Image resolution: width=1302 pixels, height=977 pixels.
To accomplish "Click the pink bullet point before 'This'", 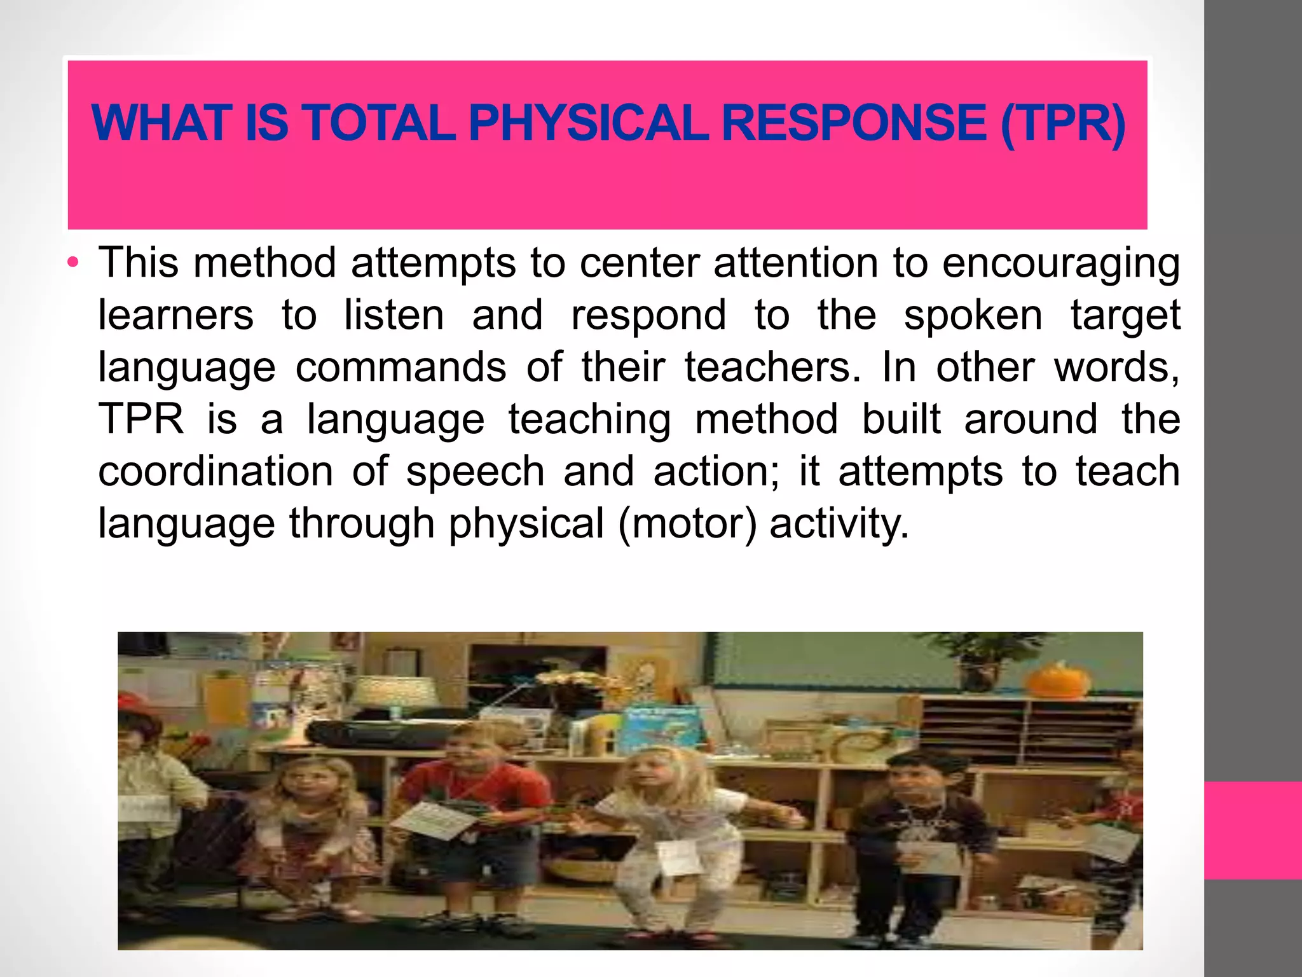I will coord(74,262).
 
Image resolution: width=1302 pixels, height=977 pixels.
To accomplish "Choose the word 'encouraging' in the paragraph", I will coord(1060,263).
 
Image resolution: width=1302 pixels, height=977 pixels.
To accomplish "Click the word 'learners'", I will coord(175,315).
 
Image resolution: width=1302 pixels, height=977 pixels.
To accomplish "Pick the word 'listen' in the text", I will coord(394,315).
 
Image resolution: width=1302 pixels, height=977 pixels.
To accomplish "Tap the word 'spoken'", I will coord(973,315).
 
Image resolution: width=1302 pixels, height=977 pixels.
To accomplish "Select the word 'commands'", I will coord(401,368).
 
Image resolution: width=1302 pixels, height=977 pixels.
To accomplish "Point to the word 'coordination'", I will coord(216,472).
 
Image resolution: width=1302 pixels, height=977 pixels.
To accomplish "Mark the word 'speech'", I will coord(476,472).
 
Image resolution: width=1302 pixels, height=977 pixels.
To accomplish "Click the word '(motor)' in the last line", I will coord(687,524).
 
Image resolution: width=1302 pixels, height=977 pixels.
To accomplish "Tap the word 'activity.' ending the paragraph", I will coord(839,524).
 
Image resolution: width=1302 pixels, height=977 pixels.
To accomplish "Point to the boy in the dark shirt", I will coord(922,827).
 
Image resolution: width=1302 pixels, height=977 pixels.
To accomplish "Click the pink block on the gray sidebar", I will coord(1252,830).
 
